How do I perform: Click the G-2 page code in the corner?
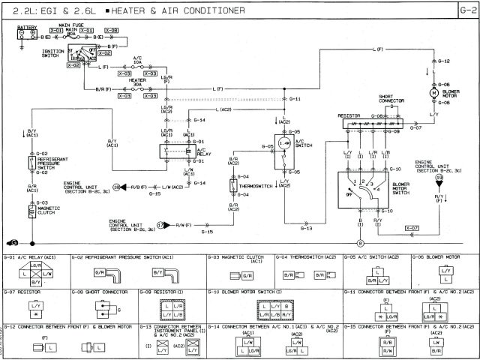point(466,10)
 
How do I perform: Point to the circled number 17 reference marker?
point(161,224)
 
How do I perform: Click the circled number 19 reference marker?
point(439,178)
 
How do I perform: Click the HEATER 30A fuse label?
point(137,80)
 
